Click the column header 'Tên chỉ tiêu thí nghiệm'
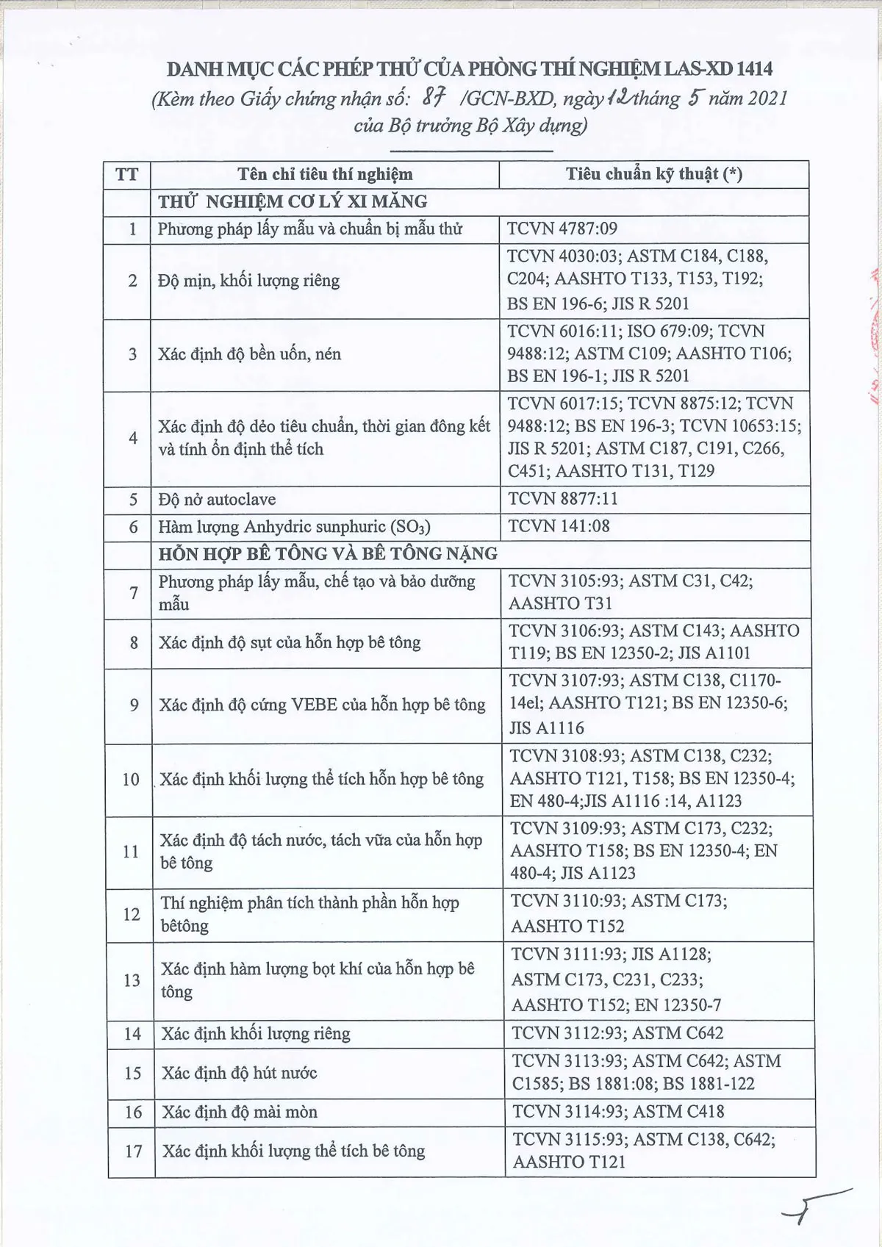pyautogui.click(x=324, y=174)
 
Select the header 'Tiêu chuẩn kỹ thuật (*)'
pyautogui.click(x=653, y=174)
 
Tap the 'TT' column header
pyautogui.click(x=126, y=175)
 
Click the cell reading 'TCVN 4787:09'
pyautogui.click(x=562, y=229)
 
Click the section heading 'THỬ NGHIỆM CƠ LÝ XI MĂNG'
pyautogui.click(x=293, y=201)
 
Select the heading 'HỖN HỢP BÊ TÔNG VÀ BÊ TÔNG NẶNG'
pyautogui.click(x=328, y=553)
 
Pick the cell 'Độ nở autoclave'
pyautogui.click(x=217, y=500)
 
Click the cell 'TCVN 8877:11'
pyautogui.click(x=563, y=499)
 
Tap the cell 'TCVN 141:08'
pyautogui.click(x=559, y=526)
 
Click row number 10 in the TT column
pyautogui.click(x=131, y=779)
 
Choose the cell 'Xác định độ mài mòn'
pyautogui.click(x=240, y=1112)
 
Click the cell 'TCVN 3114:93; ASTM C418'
pyautogui.click(x=618, y=1112)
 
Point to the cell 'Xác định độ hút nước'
pyautogui.click(x=239, y=1073)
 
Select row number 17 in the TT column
pyautogui.click(x=133, y=1151)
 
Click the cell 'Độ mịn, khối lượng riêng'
pyautogui.click(x=248, y=281)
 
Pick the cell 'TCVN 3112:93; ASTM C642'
pyautogui.click(x=617, y=1033)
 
